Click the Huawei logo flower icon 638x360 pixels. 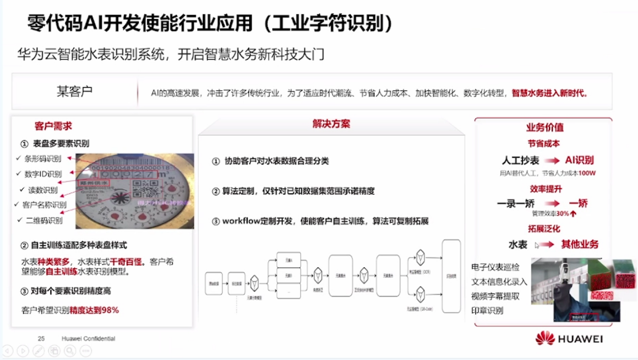(x=545, y=338)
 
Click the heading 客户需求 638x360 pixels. (x=53, y=126)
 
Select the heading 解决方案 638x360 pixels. (x=331, y=124)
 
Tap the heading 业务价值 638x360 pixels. (x=544, y=127)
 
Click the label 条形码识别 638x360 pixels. (x=43, y=159)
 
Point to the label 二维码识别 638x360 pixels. (x=44, y=221)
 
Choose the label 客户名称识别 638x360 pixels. (x=44, y=205)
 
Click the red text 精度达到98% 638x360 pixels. (x=94, y=310)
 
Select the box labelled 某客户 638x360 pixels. (x=75, y=92)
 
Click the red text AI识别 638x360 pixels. (x=579, y=160)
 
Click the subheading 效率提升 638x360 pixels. (x=545, y=189)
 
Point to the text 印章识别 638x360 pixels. (x=487, y=311)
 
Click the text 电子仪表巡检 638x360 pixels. (x=495, y=267)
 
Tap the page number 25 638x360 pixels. (x=41, y=338)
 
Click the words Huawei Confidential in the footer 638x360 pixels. (x=89, y=338)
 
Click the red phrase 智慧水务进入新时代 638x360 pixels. (x=549, y=93)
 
